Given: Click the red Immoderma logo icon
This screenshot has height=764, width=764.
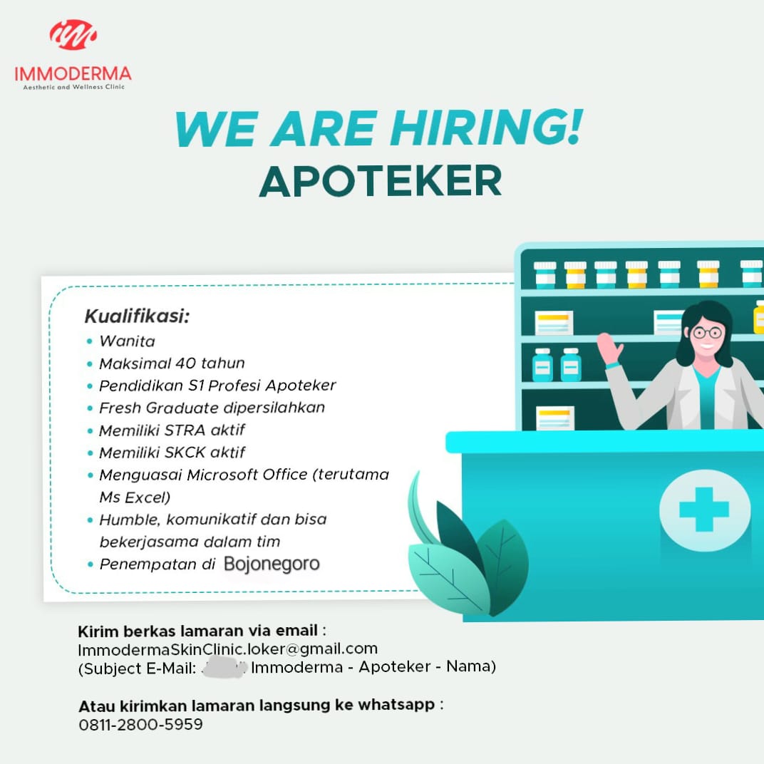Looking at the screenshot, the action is click(x=73, y=35).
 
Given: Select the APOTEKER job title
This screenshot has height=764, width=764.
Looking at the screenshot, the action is click(x=381, y=181).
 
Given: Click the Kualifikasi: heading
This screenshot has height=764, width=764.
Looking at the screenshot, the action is click(x=137, y=316).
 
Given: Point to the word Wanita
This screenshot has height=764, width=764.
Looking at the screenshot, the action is click(x=127, y=341).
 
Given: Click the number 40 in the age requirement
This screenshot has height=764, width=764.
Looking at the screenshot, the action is click(x=185, y=363).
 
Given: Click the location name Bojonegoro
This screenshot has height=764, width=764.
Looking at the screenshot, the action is click(x=272, y=564).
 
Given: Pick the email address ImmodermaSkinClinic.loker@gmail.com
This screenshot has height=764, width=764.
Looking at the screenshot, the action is click(x=227, y=649).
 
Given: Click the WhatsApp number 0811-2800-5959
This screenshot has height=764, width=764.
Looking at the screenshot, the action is click(x=140, y=725).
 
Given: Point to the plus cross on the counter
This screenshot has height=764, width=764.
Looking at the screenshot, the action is click(x=704, y=509).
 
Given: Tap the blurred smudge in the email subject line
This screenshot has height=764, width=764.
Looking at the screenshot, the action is click(x=224, y=666).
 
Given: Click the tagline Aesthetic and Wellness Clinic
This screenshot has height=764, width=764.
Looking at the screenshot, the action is click(x=74, y=87).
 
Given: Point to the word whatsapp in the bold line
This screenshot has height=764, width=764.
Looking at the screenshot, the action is click(x=396, y=706).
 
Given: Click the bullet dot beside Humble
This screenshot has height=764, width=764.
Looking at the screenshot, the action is click(x=90, y=520).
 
